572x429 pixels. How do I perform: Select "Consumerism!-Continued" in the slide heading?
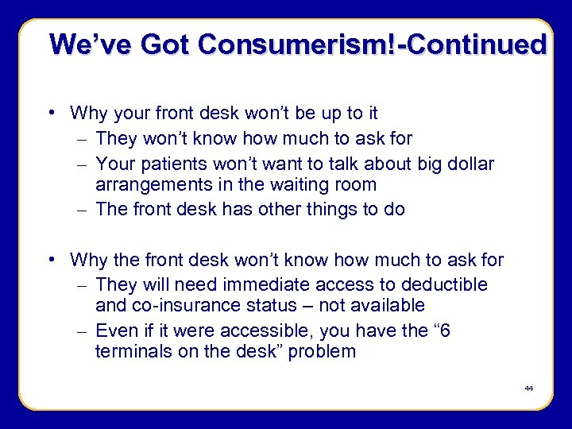click(x=373, y=44)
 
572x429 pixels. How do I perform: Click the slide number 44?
click(x=529, y=388)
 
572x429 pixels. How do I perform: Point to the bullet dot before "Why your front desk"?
click(x=51, y=113)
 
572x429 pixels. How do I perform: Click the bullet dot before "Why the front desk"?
click(x=51, y=259)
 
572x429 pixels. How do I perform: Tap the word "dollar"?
click(x=467, y=164)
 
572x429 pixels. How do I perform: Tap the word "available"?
click(x=386, y=305)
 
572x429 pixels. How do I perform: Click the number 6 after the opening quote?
click(x=444, y=330)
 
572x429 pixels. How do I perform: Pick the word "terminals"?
click(x=129, y=351)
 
